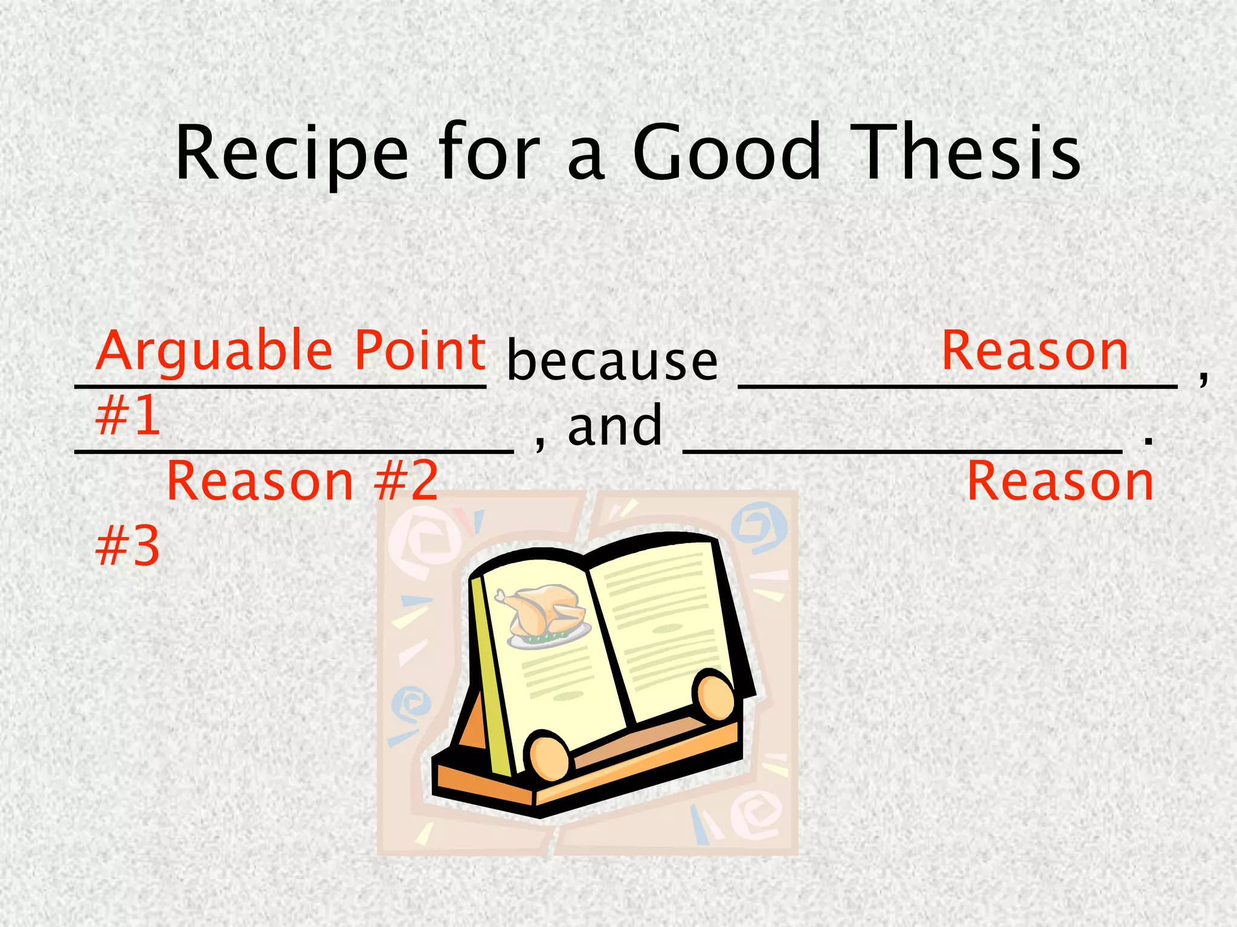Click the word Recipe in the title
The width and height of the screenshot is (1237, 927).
(292, 153)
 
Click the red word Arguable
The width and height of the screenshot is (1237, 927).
(214, 352)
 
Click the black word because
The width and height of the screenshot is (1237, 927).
(612, 362)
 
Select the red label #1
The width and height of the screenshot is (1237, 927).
(128, 416)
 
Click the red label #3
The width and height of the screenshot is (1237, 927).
(128, 546)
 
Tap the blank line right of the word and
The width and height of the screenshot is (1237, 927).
(902, 450)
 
